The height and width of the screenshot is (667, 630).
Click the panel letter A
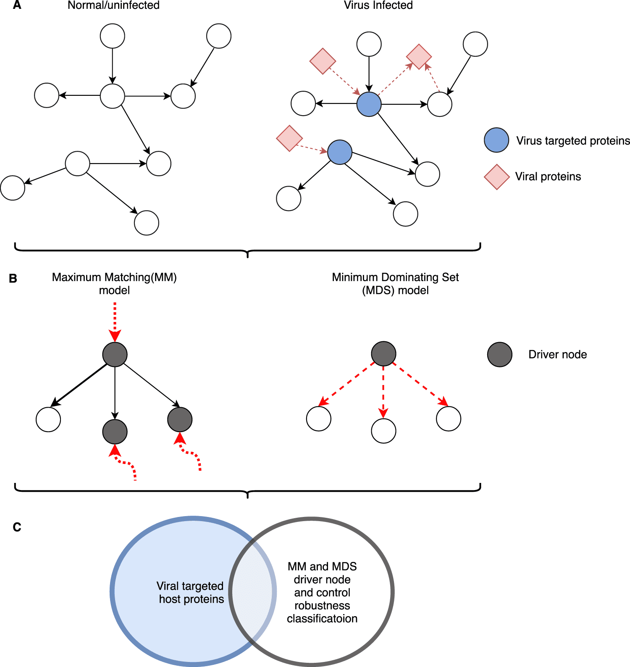(x=17, y=5)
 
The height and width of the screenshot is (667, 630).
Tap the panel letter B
(x=13, y=278)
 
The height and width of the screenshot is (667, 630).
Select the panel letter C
(x=17, y=527)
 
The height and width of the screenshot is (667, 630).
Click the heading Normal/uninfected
(x=113, y=5)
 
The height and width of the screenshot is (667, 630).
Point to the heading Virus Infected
(x=378, y=5)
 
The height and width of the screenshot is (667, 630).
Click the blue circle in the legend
(x=496, y=140)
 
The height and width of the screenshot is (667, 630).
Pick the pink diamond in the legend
(x=497, y=177)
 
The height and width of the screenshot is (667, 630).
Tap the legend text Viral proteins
(x=548, y=177)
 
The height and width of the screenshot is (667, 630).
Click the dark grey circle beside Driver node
(x=500, y=354)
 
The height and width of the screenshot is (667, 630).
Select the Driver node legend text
(x=557, y=354)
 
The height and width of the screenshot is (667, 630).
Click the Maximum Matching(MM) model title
(x=114, y=284)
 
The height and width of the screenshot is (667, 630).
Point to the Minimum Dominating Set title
(x=395, y=277)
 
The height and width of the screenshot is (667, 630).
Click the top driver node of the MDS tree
(x=383, y=353)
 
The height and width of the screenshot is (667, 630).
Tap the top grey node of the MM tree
(x=115, y=354)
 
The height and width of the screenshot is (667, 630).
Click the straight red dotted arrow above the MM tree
(x=115, y=322)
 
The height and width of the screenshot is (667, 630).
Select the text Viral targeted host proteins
(x=191, y=592)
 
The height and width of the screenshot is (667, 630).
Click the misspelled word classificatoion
(x=322, y=618)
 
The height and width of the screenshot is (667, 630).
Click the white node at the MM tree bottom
(x=48, y=419)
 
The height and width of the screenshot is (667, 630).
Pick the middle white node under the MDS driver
(x=383, y=431)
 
